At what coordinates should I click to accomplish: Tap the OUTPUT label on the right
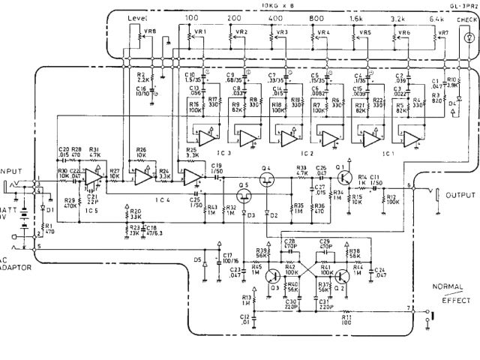pyautogui.click(x=460, y=196)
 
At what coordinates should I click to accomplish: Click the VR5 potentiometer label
pyautogui.click(x=365, y=33)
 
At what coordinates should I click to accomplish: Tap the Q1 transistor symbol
pyautogui.click(x=343, y=178)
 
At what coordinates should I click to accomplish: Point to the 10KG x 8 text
pyautogui.click(x=281, y=4)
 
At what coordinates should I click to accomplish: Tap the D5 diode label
pyautogui.click(x=197, y=259)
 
